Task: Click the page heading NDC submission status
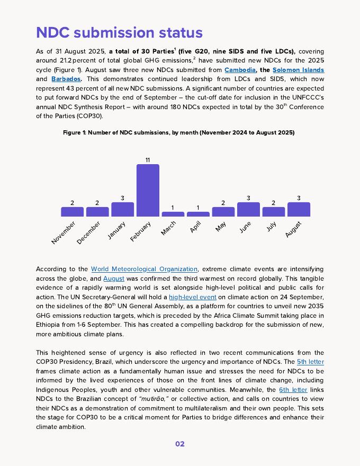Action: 119,33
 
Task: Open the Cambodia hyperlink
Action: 240,70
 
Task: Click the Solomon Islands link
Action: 298,70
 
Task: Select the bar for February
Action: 148,190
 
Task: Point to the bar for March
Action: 173,214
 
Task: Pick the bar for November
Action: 72,211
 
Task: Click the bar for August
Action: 299,209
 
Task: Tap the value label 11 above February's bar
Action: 148,160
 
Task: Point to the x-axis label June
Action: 245,227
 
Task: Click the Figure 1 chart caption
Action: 179,132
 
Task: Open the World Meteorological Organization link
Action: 144,269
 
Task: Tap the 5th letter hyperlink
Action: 310,362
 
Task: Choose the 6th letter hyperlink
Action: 293,390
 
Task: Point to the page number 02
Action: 180,444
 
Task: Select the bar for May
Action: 223,211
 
